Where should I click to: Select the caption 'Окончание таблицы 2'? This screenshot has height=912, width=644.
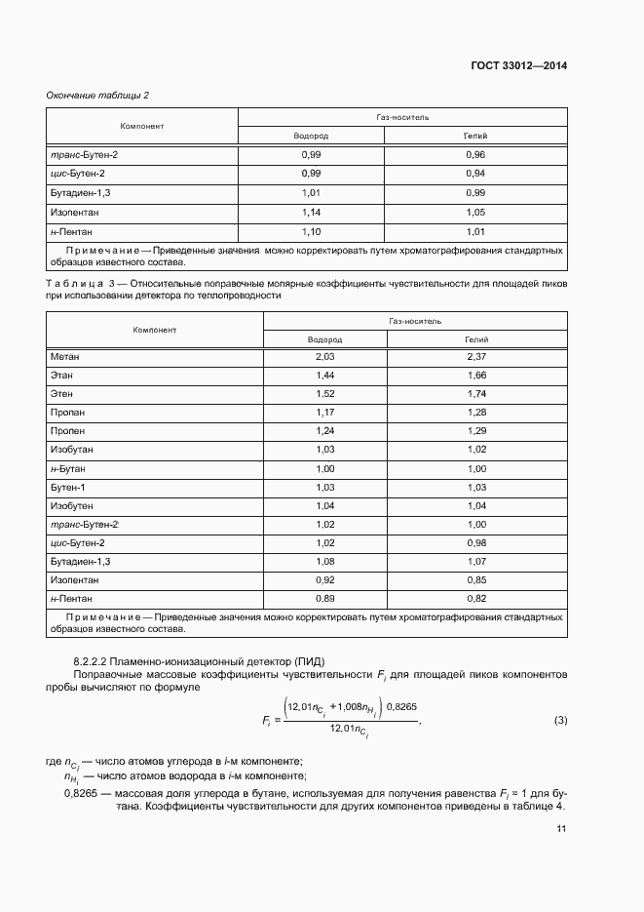tap(97, 95)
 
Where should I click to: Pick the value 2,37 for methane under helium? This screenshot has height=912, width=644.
tap(475, 357)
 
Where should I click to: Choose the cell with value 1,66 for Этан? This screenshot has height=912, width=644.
tap(475, 376)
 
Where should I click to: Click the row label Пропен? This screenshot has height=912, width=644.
tap(67, 431)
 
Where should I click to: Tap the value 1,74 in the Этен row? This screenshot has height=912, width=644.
tap(475, 394)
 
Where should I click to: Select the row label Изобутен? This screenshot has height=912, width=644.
tap(71, 505)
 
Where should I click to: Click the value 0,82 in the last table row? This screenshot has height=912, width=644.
tap(475, 598)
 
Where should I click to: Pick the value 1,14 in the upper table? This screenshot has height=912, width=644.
tap(311, 212)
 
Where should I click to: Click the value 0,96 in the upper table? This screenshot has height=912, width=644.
tap(475, 155)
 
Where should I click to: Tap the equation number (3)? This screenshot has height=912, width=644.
tap(560, 721)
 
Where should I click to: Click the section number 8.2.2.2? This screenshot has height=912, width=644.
tap(95, 662)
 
